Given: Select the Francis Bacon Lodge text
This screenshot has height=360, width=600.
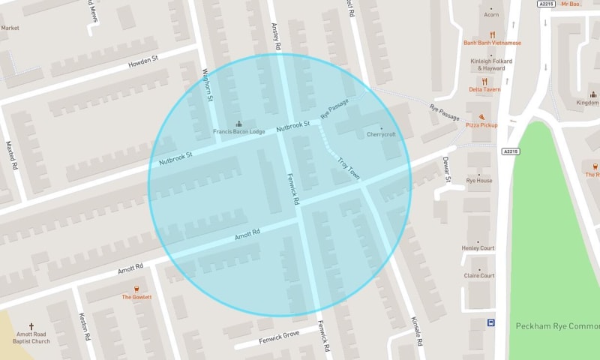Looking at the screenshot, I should (239, 132).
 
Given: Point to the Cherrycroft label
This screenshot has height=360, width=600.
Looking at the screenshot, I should (380, 135).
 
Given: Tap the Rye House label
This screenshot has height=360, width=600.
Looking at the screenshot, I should (479, 181).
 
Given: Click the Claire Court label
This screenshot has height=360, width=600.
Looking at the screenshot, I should (479, 275).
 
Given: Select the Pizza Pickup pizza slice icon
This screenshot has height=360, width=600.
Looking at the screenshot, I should (481, 117).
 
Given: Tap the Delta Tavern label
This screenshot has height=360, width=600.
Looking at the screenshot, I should (484, 89).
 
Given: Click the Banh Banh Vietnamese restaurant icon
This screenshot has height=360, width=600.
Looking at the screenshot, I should (492, 34).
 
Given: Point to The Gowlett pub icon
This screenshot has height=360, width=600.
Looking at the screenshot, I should (136, 289).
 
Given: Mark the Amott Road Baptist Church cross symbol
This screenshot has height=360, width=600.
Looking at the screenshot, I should (31, 326).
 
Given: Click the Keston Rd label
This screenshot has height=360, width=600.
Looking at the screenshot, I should (84, 326).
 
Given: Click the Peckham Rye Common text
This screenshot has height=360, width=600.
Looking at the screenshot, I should (558, 326).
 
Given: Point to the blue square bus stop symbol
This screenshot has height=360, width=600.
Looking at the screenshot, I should (491, 323).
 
